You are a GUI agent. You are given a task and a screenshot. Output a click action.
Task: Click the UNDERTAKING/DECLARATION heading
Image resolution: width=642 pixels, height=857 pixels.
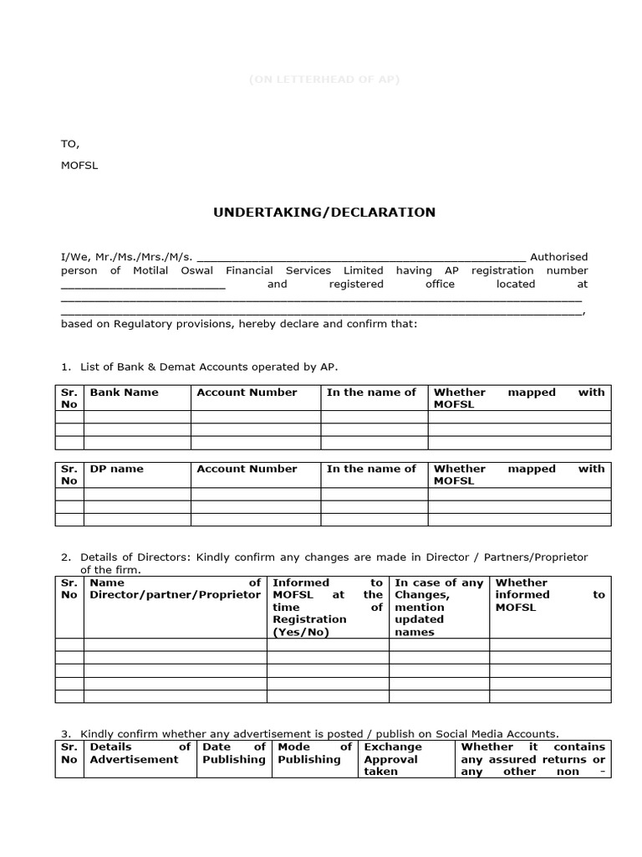324,213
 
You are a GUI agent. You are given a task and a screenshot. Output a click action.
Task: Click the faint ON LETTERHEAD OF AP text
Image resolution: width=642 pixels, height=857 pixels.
324,80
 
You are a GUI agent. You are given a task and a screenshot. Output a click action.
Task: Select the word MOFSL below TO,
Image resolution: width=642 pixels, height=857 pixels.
79,166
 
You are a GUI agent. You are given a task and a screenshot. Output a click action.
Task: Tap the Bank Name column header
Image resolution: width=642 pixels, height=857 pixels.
124,393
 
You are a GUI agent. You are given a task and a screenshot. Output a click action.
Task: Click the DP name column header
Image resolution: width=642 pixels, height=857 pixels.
116,470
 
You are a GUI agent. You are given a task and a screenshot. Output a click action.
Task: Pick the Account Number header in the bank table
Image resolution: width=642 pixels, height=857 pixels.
247,393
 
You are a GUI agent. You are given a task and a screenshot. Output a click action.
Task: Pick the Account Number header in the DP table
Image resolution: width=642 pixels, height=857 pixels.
247,470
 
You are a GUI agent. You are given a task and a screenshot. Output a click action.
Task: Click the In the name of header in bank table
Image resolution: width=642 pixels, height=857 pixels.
371,393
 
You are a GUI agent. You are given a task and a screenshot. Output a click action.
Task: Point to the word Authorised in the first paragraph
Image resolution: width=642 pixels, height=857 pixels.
559,257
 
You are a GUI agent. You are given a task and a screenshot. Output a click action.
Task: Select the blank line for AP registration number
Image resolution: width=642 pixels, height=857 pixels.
143,285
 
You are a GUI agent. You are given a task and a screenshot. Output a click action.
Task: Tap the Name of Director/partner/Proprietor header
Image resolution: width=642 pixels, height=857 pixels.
175,588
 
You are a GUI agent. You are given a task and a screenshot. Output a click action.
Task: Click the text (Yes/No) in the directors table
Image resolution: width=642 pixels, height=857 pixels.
301,632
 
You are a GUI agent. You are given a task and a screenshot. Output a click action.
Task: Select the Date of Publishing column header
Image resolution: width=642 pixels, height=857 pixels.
233,753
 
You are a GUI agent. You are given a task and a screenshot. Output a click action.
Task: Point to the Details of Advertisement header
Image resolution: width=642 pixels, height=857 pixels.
140,753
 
